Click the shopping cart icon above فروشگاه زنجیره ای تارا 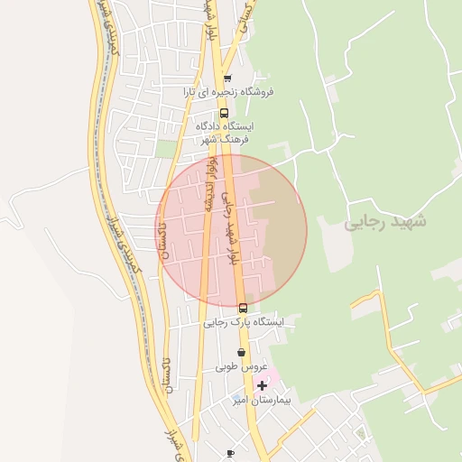pyautogui.click(x=227, y=79)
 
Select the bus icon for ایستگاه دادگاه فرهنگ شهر pyautogui.click(x=224, y=113)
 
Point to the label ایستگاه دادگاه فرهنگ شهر pyautogui.click(x=226, y=133)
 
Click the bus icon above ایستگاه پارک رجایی pyautogui.click(x=241, y=308)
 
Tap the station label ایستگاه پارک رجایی pyautogui.click(x=243, y=322)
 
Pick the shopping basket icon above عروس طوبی pyautogui.click(x=241, y=353)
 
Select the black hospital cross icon pyautogui.click(x=262, y=385)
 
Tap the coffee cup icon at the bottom pyautogui.click(x=230, y=453)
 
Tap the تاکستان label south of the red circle pyautogui.click(x=164, y=376)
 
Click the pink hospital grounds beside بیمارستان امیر pyautogui.click(x=271, y=374)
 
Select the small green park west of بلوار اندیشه pyautogui.click(x=164, y=148)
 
